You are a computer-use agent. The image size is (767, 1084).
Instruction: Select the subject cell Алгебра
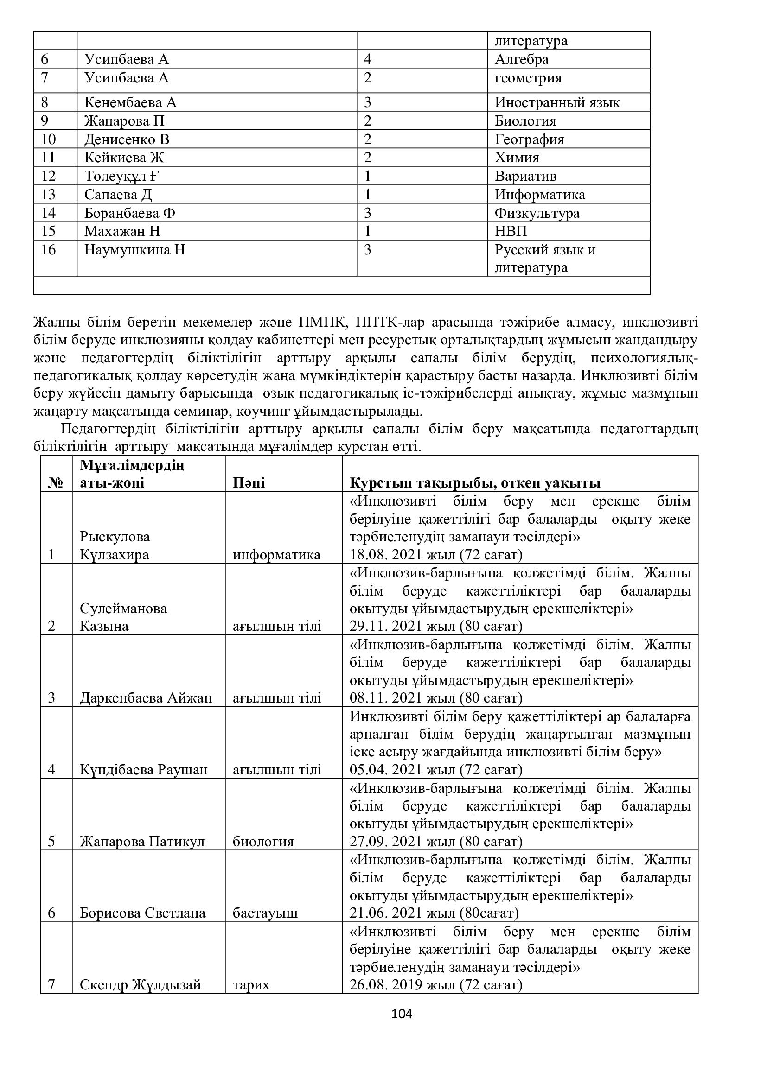pos(521,59)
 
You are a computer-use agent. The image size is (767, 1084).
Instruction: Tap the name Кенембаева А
pos(130,102)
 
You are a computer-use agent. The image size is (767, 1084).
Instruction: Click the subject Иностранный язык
pos(557,102)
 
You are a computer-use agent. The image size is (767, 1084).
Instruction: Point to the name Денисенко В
pos(127,139)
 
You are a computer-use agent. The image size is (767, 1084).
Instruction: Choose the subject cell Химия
pos(517,157)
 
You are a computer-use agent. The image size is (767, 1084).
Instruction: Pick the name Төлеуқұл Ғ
pos(122,176)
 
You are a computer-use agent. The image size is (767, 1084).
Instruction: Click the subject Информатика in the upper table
pos(540,195)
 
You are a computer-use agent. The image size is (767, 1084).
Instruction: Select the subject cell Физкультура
pos(537,213)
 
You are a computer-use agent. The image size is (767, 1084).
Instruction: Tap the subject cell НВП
pos(511,231)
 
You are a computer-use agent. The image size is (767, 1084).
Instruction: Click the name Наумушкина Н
pos(134,249)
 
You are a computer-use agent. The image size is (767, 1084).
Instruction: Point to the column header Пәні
pos(249,482)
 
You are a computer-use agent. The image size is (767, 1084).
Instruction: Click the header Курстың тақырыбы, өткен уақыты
pos(475,482)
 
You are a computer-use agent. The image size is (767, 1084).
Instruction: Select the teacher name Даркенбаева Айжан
pos(146,698)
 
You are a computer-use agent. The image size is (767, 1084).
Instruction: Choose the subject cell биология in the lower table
pos(263,841)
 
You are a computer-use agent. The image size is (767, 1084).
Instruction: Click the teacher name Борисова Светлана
pos(143,913)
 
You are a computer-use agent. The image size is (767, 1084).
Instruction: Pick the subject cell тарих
pos(251,984)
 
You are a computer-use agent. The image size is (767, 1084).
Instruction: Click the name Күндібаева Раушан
pos(144,770)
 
